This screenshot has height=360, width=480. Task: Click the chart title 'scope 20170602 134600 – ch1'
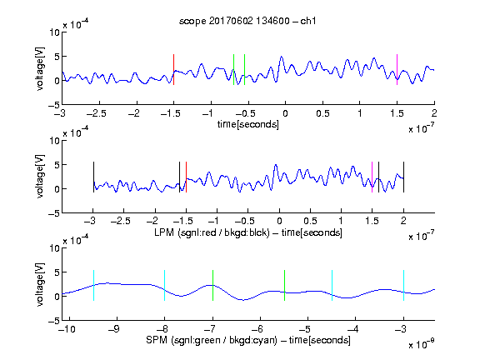coord(247,21)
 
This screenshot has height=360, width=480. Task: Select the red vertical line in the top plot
coord(173,69)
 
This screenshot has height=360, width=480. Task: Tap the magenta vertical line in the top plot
coord(397,69)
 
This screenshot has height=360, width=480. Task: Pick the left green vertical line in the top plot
coord(233,69)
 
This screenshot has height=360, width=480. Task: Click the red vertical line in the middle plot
coord(186,177)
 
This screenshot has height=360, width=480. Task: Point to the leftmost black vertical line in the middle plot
coord(93,177)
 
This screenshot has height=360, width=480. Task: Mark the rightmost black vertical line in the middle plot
coord(404,177)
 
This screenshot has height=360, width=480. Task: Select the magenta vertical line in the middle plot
coord(372,177)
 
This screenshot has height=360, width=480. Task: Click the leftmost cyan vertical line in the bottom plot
coord(93,285)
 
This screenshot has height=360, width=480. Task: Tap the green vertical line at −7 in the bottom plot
coord(212,285)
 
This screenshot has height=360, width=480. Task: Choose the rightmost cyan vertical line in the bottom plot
coord(404,285)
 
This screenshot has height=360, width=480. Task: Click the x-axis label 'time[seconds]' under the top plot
coord(248,125)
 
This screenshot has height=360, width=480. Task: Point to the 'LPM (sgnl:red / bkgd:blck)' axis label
coord(212,232)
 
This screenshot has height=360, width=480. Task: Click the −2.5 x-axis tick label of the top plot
coord(96,113)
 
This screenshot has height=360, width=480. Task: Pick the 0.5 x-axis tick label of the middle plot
coord(310,221)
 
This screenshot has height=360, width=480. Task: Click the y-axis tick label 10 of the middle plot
coord(55,141)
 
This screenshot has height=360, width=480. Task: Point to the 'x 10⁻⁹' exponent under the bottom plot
coord(422,343)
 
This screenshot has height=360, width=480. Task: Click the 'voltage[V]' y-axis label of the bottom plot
coord(40,284)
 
